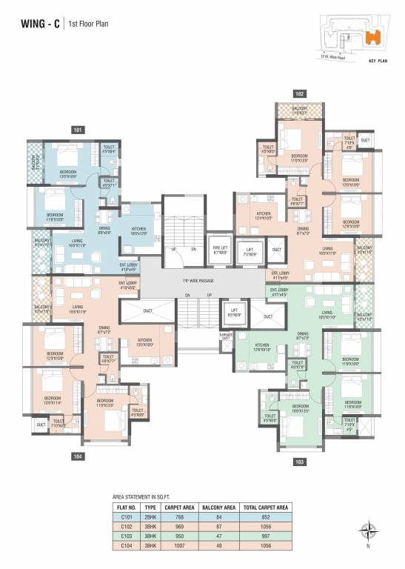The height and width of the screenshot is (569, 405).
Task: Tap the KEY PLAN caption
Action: [378, 62]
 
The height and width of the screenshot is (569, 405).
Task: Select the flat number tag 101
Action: [78, 130]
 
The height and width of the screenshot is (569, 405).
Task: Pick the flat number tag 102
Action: [299, 94]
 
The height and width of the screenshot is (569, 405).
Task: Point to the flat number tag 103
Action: [299, 462]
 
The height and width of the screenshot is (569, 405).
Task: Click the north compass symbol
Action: [366, 531]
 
